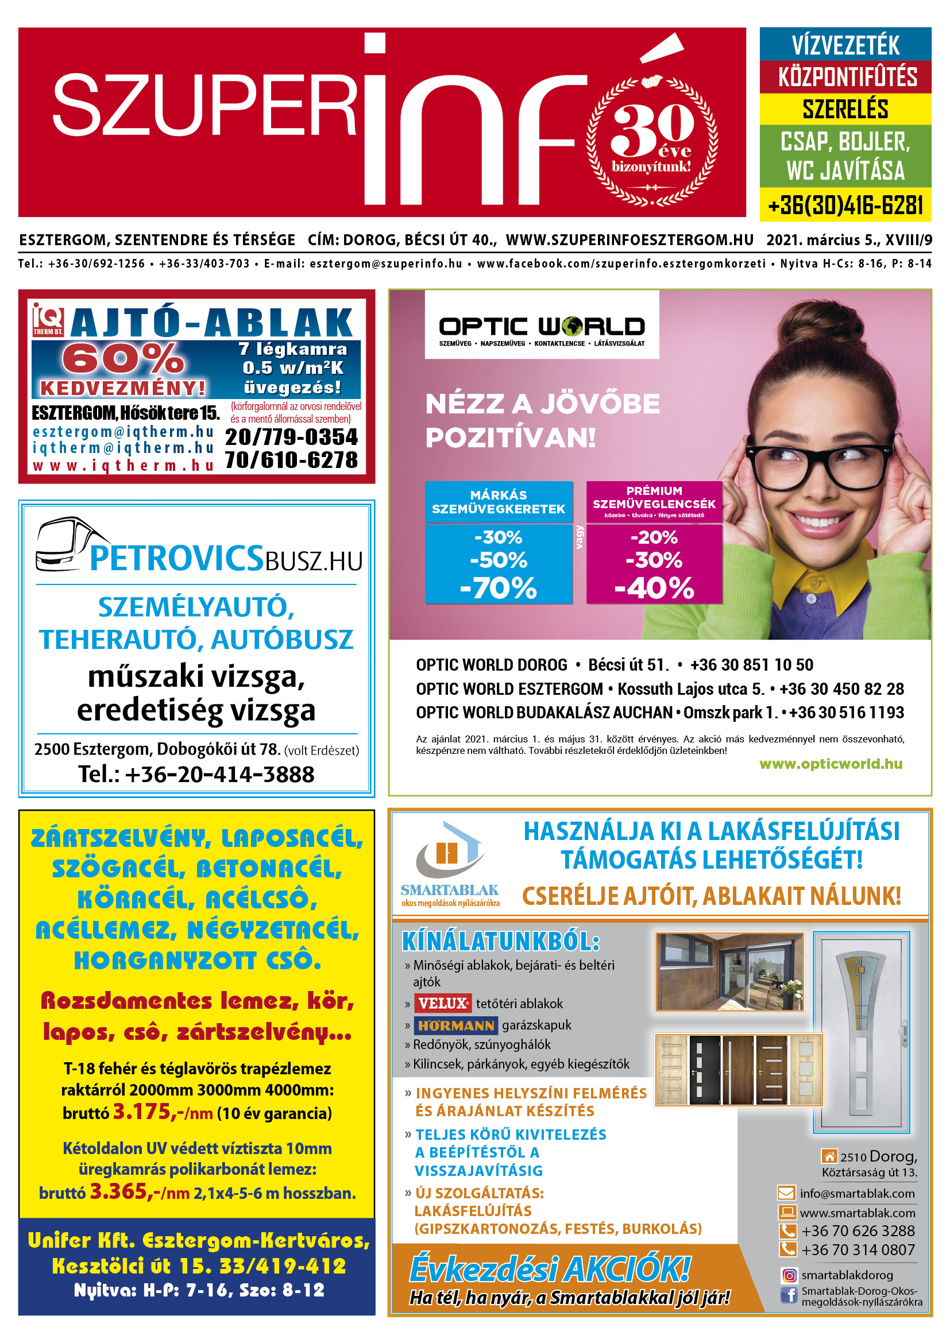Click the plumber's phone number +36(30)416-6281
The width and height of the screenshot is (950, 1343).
(845, 206)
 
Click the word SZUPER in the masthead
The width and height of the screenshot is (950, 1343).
(204, 106)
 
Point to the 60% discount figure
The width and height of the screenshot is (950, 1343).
(123, 358)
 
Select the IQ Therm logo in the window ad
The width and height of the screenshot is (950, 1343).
(48, 319)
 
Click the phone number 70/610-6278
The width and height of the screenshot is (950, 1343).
(291, 460)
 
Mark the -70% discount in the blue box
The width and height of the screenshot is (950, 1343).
(499, 588)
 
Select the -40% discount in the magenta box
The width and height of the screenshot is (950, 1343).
(654, 588)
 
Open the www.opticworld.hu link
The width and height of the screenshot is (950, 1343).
(831, 764)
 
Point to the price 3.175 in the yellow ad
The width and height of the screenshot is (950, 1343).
(141, 1112)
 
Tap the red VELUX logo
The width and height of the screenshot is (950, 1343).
(443, 1004)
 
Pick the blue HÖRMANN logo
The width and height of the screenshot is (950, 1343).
(455, 1025)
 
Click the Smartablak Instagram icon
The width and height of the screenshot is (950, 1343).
(789, 1276)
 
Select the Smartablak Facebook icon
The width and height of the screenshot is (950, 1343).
(789, 1295)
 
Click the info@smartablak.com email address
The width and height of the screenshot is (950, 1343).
(857, 1194)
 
